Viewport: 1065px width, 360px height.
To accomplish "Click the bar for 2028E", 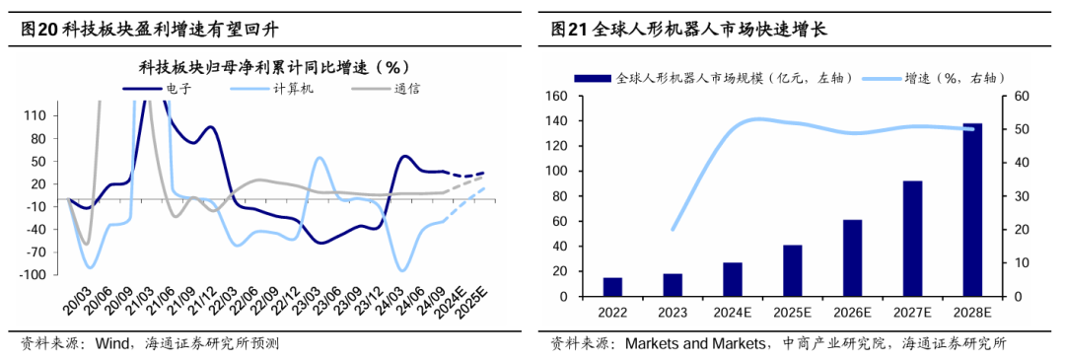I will [x=972, y=210].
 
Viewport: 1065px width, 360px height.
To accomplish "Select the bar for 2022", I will [x=612, y=287].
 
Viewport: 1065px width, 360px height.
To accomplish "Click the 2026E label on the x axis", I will [x=852, y=313].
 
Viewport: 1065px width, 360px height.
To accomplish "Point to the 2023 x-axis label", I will [x=673, y=313].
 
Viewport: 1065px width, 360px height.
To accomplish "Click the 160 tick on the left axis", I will [x=557, y=96].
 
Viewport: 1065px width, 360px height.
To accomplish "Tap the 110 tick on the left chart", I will [x=35, y=115].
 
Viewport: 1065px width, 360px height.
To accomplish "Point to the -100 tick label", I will [x=33, y=275].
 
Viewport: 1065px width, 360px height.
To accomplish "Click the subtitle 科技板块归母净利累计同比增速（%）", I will [x=274, y=67].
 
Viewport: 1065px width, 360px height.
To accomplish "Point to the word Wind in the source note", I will [x=114, y=344].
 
